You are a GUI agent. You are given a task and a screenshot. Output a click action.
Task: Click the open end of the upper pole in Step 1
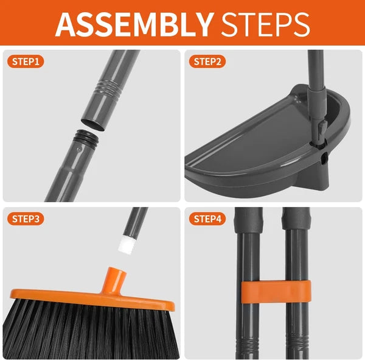(92, 124)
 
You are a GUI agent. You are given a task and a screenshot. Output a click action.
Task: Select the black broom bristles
(85, 332)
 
